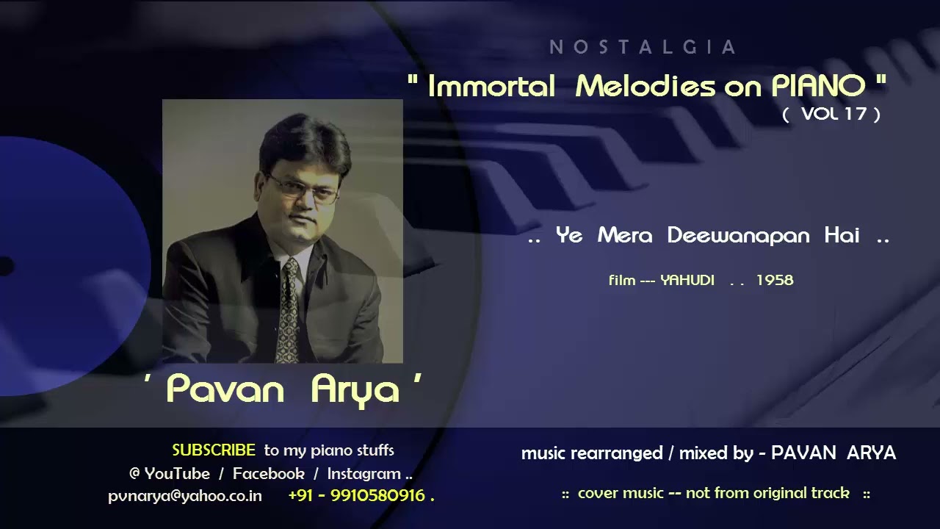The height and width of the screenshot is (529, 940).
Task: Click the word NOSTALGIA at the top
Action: click(643, 48)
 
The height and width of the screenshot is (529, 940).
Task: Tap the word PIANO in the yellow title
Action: click(817, 87)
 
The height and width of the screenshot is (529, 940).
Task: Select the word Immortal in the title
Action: click(491, 87)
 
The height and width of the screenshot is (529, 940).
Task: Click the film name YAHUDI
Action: click(687, 280)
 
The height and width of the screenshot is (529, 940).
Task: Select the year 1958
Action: click(774, 280)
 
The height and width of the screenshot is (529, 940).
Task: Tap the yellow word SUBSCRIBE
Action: click(214, 450)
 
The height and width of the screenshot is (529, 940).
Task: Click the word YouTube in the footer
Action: click(177, 474)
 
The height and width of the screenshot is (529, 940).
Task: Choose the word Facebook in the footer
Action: click(268, 474)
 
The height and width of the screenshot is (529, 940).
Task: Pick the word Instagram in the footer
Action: click(364, 474)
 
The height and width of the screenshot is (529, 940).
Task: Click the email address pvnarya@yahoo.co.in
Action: click(185, 496)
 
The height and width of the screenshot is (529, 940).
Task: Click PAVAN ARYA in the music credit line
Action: click(833, 453)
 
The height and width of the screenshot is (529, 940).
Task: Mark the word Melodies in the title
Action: click(645, 87)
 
